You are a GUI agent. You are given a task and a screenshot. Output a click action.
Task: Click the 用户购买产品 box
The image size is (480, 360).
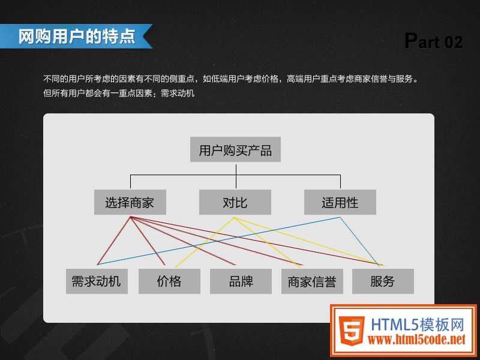coord(235,149)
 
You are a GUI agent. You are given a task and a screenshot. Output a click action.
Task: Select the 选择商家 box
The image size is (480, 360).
coord(130,202)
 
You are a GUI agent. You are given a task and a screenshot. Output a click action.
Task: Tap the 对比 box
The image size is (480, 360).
coord(235,202)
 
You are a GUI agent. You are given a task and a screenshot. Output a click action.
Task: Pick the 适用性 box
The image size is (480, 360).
coord(340,202)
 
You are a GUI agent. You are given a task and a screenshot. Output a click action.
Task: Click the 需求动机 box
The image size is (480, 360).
coord(97,281)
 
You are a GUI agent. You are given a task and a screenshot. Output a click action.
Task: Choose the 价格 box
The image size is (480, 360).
coord(169,281)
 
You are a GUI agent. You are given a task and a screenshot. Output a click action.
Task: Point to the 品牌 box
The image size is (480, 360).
coord(241,281)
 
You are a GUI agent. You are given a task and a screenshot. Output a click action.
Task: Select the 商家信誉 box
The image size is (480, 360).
coord(312,281)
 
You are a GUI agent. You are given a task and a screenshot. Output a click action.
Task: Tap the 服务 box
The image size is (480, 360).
coord(383,281)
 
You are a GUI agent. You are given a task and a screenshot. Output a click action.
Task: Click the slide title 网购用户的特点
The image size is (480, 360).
coord(77,37)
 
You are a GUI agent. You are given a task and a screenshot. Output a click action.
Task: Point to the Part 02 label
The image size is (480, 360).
coord(433,41)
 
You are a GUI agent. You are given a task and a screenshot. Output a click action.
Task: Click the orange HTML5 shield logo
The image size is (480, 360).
coord(352,331)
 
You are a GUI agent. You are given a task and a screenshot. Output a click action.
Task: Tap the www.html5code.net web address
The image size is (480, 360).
coord(416,339)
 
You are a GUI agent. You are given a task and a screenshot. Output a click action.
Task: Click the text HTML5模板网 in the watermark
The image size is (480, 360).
coord(418,325)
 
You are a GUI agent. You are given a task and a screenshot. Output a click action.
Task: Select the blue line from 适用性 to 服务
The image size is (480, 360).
coord(361,241)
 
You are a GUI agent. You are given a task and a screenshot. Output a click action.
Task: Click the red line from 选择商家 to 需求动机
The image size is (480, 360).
coord(113,241)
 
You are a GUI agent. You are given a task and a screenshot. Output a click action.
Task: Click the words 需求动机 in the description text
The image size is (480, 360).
coord(178,93)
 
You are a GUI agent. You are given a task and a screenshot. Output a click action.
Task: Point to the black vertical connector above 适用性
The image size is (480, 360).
coord(340,182)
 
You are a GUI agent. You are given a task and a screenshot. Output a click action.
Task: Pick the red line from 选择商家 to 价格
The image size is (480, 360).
coord(148,241)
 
